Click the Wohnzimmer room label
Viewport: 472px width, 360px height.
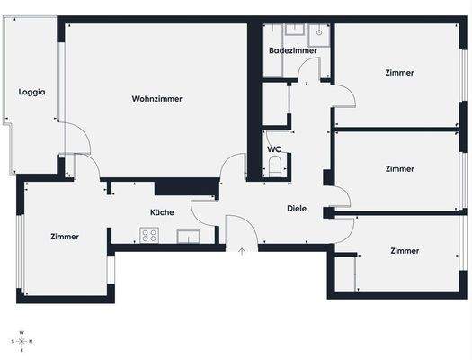pos(156,99)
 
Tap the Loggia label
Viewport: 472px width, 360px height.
pos(31,92)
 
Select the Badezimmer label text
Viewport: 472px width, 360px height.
pos(292,51)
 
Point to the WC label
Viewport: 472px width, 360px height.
pos(274,149)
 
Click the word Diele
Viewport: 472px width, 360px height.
pos(297,208)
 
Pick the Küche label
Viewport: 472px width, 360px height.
pos(162,212)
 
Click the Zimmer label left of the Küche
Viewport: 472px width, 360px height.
pos(65,237)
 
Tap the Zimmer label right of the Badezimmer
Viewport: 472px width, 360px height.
pos(399,73)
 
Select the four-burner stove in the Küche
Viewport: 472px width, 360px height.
pos(149,236)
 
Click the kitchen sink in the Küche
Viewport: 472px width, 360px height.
pos(188,237)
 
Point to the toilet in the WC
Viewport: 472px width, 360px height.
pos(275,166)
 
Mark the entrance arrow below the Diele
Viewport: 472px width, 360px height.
pos(242,251)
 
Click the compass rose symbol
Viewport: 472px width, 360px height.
pos(22,341)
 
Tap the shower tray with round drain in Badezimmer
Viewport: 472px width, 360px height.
pos(319,33)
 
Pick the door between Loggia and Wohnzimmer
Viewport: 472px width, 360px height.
pos(76,140)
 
